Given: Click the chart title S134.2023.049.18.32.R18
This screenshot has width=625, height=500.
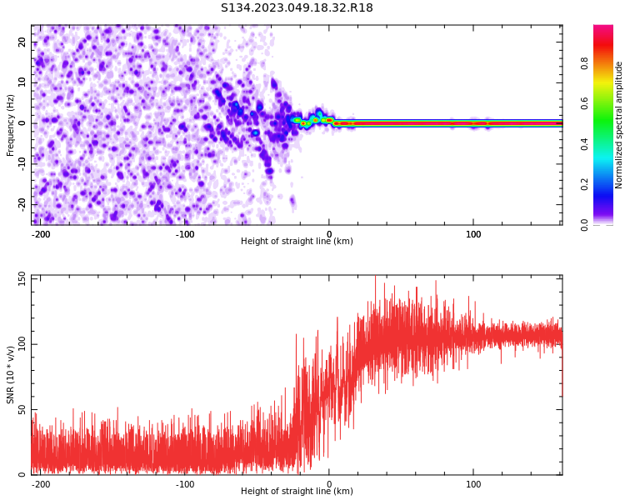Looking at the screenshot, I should click(x=297, y=8).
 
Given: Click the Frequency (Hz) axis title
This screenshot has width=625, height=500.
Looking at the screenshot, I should click(x=11, y=124).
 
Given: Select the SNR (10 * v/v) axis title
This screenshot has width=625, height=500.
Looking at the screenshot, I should click(x=11, y=375).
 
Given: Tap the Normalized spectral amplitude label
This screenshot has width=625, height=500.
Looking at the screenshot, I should click(x=619, y=125).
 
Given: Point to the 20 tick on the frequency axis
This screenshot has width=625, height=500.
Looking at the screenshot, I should click(x=22, y=42).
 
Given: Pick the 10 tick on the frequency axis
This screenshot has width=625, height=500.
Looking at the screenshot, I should click(x=22, y=82).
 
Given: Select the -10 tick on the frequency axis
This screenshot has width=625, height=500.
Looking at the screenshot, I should click(x=20, y=163).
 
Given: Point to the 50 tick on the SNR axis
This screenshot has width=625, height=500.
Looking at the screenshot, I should click(x=22, y=409).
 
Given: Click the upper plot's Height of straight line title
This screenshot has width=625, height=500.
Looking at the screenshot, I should click(x=297, y=242).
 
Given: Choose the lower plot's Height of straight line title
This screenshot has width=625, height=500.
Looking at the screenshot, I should click(x=297, y=492).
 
